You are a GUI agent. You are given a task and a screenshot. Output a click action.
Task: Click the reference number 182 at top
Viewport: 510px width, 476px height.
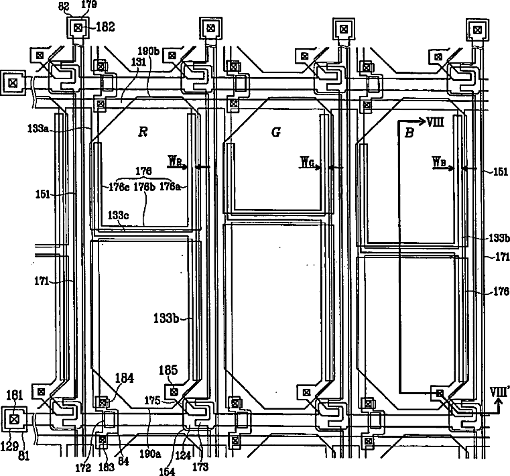click(x=106, y=27)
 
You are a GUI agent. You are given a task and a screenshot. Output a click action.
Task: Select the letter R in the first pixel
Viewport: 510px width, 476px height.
click(x=142, y=132)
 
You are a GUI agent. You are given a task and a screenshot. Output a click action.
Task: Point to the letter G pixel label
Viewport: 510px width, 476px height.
click(x=275, y=132)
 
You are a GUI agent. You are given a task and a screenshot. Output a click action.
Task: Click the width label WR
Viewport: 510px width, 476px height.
click(x=176, y=161)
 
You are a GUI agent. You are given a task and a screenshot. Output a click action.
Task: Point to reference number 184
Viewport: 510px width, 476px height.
click(x=125, y=378)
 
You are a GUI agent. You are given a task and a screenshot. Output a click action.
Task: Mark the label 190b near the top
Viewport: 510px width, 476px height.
click(x=147, y=51)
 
